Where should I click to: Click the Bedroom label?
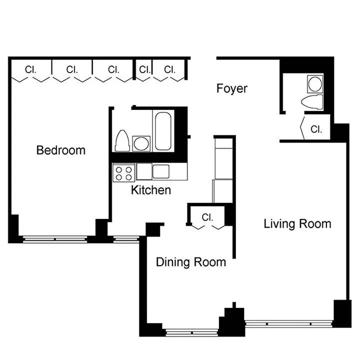point(60,150)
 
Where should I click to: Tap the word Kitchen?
point(151,190)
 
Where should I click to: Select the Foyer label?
point(231,88)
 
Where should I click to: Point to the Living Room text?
point(297,223)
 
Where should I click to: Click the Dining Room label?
point(190,262)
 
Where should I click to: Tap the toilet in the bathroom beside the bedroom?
point(122,141)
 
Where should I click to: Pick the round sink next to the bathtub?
point(141,144)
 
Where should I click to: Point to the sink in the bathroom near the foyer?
point(315,83)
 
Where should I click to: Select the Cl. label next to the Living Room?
point(316,129)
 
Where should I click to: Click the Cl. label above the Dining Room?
point(208,217)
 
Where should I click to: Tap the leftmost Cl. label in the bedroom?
point(30,69)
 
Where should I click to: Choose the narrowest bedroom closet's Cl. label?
point(144,69)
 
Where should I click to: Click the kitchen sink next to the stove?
point(153,171)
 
